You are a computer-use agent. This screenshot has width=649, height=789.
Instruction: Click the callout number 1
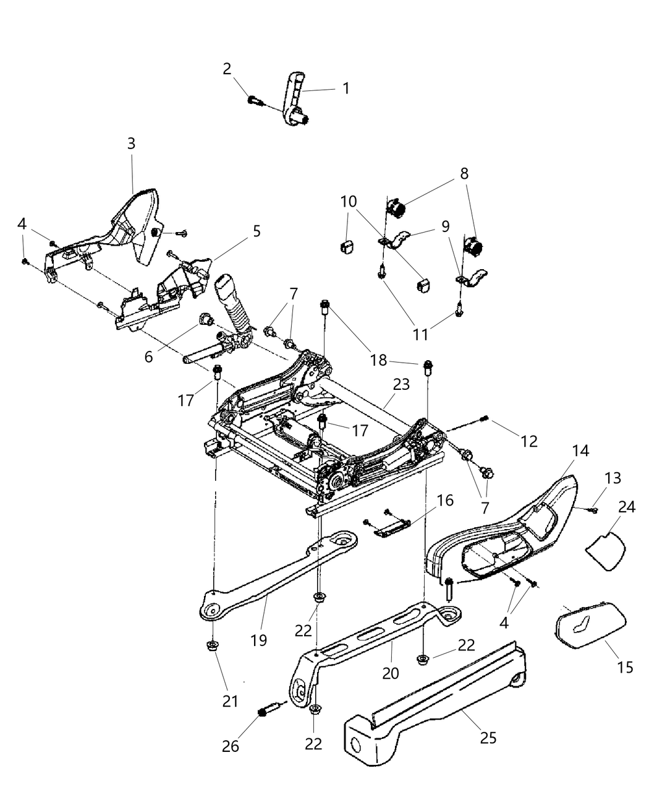[x=346, y=88]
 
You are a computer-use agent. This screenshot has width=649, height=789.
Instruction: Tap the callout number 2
[x=227, y=69]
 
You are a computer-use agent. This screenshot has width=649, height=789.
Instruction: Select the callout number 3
[x=131, y=144]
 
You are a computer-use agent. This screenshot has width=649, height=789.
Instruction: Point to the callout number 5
[x=257, y=231]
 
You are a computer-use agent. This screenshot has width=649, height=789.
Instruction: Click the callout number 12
[x=529, y=441]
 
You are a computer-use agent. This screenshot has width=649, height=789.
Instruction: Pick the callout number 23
[x=401, y=384]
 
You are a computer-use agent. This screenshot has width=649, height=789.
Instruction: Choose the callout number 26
[x=231, y=746]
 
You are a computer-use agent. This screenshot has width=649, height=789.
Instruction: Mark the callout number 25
[x=488, y=737]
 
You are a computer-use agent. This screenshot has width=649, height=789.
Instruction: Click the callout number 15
[x=625, y=667]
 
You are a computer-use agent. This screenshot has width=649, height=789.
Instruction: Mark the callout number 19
[x=259, y=640]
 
